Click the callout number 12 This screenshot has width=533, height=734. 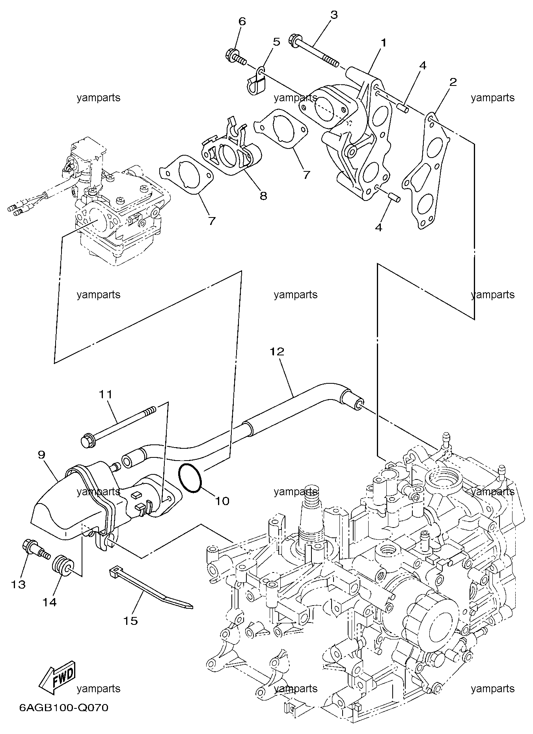[x=277, y=351]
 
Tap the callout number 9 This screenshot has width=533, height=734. [x=41, y=455]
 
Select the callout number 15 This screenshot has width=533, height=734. [x=131, y=621]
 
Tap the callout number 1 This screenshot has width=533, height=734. [x=383, y=42]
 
